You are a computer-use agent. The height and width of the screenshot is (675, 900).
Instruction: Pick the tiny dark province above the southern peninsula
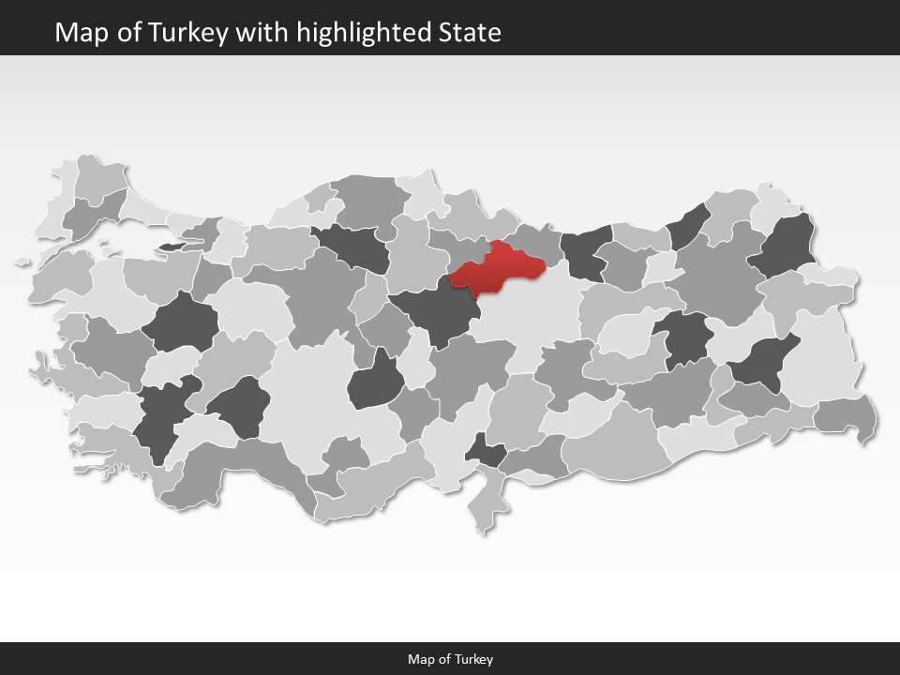[487, 451]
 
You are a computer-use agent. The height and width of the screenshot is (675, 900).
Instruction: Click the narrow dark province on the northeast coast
[689, 226]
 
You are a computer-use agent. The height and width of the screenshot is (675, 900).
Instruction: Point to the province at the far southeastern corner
[847, 415]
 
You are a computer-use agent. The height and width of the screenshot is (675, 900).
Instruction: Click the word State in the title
[470, 33]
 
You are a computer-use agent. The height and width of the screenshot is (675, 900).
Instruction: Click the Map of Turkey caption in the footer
[450, 659]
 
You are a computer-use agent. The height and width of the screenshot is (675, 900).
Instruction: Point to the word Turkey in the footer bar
[474, 659]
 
